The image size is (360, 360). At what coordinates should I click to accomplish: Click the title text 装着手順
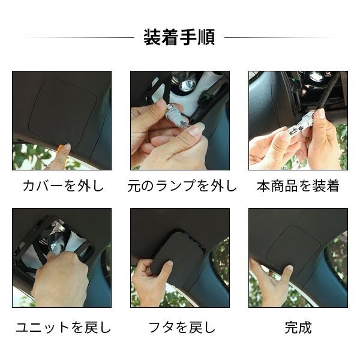tap(179, 37)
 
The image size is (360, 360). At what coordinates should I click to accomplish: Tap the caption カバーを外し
tap(62, 186)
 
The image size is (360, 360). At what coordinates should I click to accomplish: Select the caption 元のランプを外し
tap(179, 186)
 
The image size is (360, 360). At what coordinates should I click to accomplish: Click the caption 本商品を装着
tap(298, 186)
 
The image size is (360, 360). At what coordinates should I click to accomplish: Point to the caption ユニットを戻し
tap(62, 328)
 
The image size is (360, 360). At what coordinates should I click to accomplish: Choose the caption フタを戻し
tap(179, 328)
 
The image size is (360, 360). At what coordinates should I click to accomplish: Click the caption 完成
tap(298, 328)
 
